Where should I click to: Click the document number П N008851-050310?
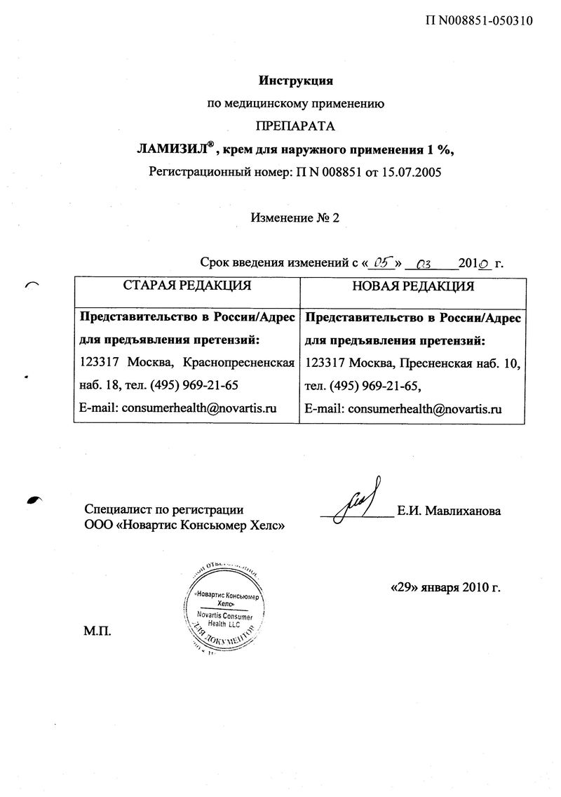(480, 20)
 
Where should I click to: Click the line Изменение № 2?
(295, 217)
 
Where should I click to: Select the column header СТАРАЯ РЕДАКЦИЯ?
(187, 286)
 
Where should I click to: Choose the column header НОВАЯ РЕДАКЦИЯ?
(412, 286)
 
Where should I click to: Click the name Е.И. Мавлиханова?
(449, 511)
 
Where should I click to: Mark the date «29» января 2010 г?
(445, 587)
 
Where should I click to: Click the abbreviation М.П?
(97, 629)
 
